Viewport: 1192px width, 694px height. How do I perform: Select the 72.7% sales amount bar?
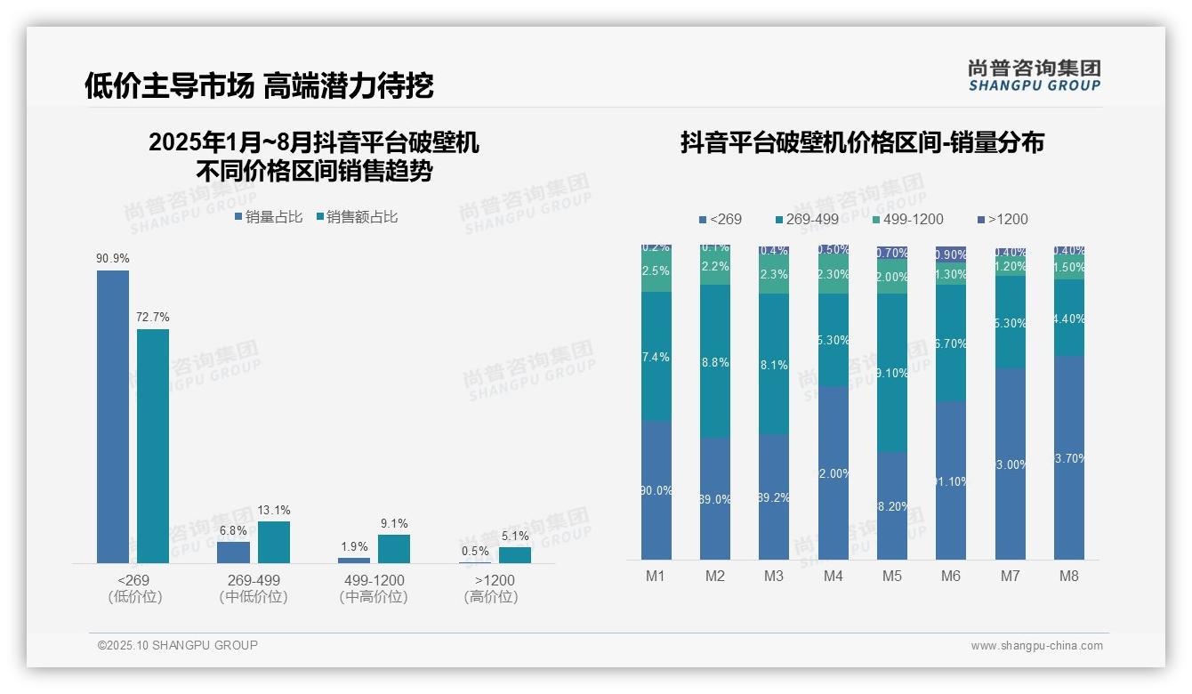coord(153,446)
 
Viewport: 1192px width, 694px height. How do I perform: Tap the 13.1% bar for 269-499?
coord(274,542)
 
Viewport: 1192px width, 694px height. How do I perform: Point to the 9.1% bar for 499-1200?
coord(394,549)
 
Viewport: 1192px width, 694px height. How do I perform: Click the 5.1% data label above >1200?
coord(514,537)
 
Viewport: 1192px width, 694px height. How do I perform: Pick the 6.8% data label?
coord(233,531)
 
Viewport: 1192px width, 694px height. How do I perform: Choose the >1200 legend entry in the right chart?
coord(1002,219)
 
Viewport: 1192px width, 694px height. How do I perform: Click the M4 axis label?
coord(833,576)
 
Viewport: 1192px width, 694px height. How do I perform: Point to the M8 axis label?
coord(1068,576)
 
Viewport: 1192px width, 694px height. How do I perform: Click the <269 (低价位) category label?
coord(134,588)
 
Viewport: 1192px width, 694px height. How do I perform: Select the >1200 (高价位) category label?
coord(490,588)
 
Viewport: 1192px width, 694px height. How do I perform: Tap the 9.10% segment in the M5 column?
coord(892,373)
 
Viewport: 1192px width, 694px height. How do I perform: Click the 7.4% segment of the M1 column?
coord(656,356)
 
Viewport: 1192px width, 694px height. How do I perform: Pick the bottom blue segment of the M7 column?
coord(1010,464)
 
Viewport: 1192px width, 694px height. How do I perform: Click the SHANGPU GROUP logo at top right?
coord(1035,76)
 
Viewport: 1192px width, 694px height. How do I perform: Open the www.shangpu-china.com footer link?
coord(1036,646)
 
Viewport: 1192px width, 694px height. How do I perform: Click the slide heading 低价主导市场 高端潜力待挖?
coord(259,85)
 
